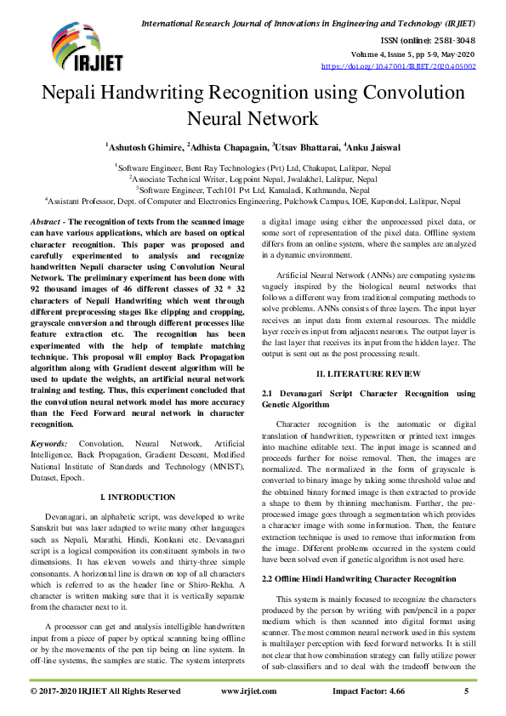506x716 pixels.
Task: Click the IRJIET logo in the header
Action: coord(75,48)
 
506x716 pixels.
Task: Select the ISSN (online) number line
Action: coord(427,39)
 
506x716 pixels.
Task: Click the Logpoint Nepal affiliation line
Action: coord(253,179)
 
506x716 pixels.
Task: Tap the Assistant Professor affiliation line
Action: coord(253,202)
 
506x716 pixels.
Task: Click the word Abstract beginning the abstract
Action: coord(50,220)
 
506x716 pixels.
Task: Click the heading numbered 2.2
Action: coord(358,578)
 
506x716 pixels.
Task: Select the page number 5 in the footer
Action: coord(466,692)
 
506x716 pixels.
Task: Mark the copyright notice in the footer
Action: coord(105,692)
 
